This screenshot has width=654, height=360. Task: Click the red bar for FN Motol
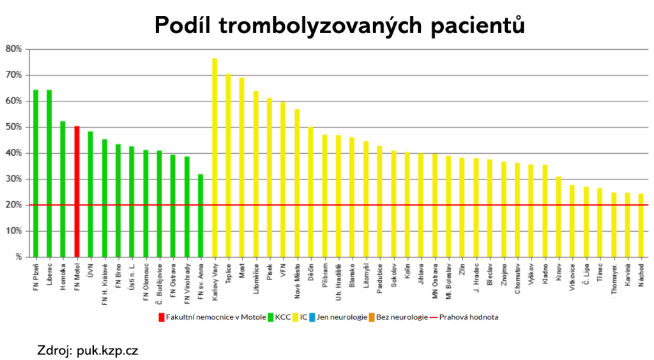tap(77, 191)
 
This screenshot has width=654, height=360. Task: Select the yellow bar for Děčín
tap(311, 191)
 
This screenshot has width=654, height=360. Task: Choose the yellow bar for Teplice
tap(228, 165)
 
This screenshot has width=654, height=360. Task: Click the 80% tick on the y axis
tap(14, 49)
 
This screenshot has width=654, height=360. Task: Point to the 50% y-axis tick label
tap(14, 127)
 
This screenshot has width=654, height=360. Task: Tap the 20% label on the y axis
tap(14, 205)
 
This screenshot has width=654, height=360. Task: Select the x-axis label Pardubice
tap(380, 278)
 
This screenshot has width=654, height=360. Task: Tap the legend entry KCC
tap(280, 317)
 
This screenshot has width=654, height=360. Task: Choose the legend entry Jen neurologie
tap(341, 317)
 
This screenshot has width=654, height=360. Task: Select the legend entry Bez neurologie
tap(402, 317)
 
